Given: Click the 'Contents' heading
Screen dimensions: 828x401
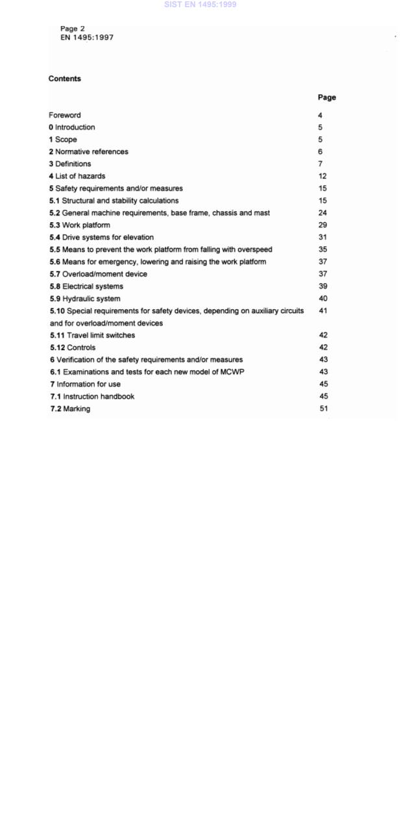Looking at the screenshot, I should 65,79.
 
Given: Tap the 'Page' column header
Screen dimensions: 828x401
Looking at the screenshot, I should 326,97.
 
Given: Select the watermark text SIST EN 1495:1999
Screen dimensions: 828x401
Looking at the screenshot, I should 200,5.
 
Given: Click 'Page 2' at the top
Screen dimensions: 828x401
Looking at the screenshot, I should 73,29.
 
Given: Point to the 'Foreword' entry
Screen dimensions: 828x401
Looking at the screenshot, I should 65,115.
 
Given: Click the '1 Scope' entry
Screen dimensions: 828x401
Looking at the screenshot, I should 63,140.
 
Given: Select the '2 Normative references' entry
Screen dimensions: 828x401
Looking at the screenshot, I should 88,152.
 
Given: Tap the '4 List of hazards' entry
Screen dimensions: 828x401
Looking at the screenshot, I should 77,176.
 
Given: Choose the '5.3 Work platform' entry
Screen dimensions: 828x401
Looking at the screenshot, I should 80,225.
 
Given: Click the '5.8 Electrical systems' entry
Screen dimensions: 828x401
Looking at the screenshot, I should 86,286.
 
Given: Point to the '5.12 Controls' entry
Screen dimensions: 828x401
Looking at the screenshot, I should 73,347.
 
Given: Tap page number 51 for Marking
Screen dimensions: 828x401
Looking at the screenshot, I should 323,409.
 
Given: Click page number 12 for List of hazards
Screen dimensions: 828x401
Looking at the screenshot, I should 322,176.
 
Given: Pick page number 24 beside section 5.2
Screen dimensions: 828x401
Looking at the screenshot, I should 322,213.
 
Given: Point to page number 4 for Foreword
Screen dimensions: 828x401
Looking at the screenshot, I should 321,115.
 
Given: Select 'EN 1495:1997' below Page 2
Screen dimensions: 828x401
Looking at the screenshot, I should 87,38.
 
